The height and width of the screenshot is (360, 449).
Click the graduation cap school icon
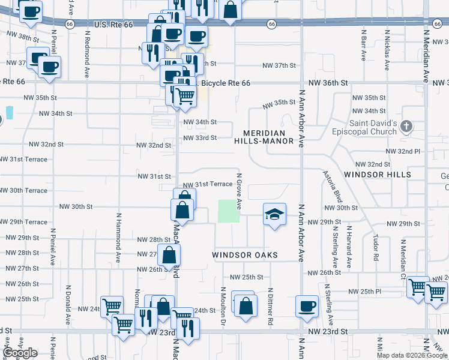(274, 214)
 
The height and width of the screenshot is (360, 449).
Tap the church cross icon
(406, 127)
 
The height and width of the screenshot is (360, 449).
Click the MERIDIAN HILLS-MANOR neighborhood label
(268, 137)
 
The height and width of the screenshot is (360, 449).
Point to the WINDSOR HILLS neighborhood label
(378, 175)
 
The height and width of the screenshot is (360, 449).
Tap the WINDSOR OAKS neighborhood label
(245, 255)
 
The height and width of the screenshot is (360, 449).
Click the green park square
(228, 211)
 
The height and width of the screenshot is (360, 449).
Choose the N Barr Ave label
(364, 47)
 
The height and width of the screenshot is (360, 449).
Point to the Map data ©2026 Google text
(412, 355)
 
